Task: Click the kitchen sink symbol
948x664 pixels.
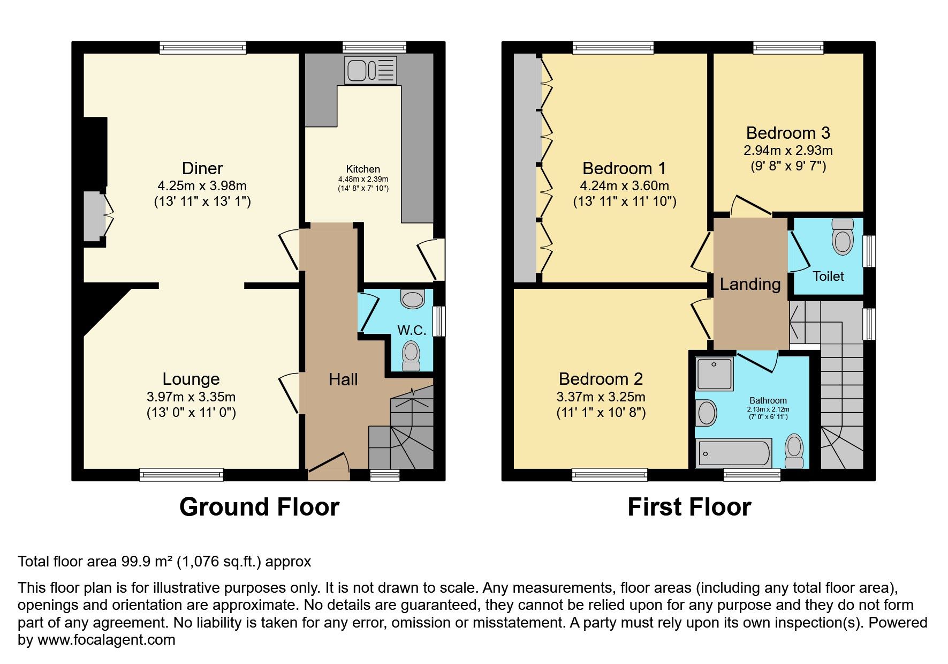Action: click(371, 70)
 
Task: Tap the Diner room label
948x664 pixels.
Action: click(202, 168)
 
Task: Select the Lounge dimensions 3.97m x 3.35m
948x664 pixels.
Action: click(191, 397)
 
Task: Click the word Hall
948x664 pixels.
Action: click(343, 379)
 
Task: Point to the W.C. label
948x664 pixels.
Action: click(412, 330)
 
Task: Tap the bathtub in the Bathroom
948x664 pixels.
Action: click(733, 453)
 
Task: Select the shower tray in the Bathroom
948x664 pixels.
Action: click(714, 374)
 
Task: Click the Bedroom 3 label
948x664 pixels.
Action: click(788, 133)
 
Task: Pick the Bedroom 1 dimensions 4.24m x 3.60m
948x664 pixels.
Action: click(625, 186)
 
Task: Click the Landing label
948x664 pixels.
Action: click(750, 284)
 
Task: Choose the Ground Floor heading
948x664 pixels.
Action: click(259, 506)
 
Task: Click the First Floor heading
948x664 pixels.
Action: click(689, 506)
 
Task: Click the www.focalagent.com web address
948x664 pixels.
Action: click(107, 640)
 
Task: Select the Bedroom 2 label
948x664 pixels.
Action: click(601, 379)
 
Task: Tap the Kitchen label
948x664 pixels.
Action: click(363, 169)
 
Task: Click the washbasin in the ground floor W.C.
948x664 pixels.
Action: click(413, 299)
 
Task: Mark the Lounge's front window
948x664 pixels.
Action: click(181, 474)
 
